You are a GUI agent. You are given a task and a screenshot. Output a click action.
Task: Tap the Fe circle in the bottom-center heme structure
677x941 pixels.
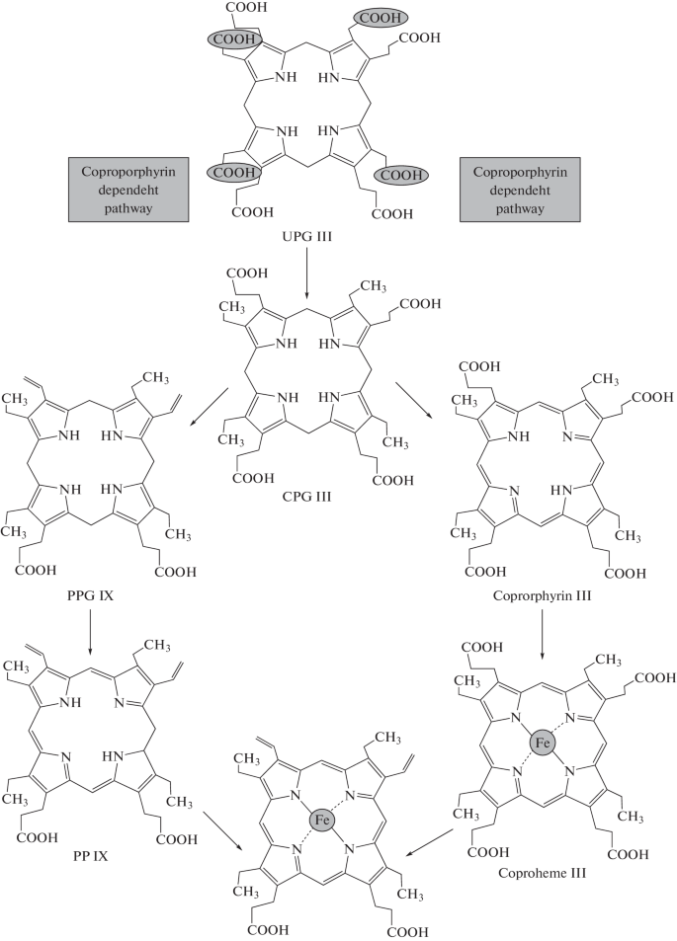click(318, 819)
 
